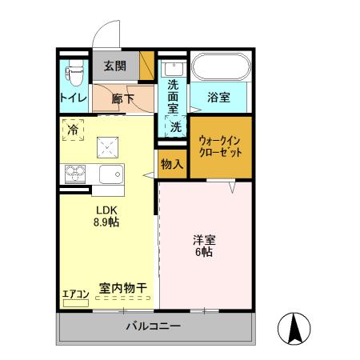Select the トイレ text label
coord(73,98)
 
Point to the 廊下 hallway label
coord(122,99)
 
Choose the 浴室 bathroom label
coord(219,98)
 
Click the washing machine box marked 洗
coord(175,126)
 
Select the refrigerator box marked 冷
coord(74,128)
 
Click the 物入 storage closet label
coord(171,164)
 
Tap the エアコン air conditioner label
coord(75,294)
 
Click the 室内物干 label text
coord(122,287)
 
